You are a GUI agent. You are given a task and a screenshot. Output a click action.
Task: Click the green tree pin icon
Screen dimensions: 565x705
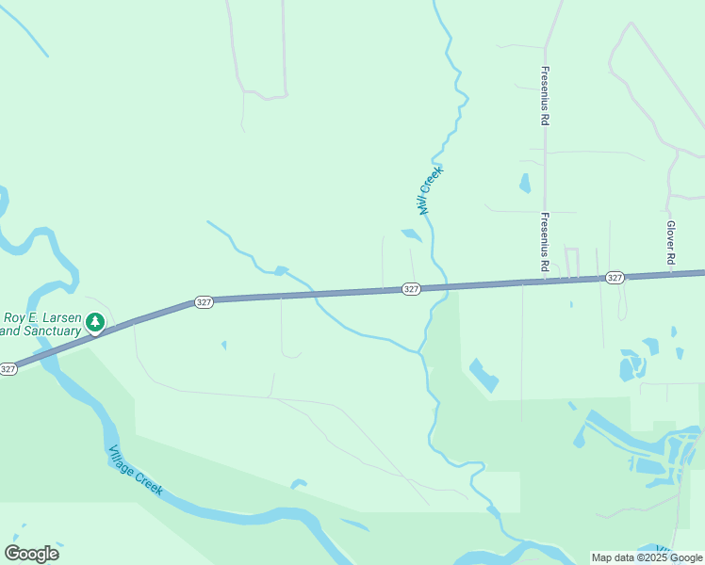pyautogui.click(x=94, y=323)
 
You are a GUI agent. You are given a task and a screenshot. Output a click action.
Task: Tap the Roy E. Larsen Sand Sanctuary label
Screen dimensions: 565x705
pyautogui.click(x=41, y=323)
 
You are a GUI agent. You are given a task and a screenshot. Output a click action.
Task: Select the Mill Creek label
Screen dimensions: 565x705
pyautogui.click(x=431, y=190)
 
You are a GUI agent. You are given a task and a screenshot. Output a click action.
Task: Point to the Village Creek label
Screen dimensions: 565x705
pyautogui.click(x=136, y=470)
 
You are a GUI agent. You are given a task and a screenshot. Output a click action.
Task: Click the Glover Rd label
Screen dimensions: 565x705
pyautogui.click(x=671, y=243)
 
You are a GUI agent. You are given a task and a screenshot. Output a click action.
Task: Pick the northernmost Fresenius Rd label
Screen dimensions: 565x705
pyautogui.click(x=545, y=96)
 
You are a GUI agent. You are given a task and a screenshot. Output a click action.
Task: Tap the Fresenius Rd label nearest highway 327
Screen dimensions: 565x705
pyautogui.click(x=545, y=242)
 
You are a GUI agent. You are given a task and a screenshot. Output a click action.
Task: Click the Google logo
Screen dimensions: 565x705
pyautogui.click(x=31, y=554)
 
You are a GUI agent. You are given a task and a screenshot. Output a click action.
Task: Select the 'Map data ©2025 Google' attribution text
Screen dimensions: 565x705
pyautogui.click(x=647, y=557)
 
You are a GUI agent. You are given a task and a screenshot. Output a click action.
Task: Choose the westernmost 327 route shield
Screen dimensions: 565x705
pyautogui.click(x=8, y=369)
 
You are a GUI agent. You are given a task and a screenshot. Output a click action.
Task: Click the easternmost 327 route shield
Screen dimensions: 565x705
pyautogui.click(x=615, y=277)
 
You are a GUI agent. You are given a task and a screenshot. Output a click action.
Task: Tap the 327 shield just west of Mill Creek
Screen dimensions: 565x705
pyautogui.click(x=410, y=288)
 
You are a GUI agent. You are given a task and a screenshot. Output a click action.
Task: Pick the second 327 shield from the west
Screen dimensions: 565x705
pyautogui.click(x=205, y=301)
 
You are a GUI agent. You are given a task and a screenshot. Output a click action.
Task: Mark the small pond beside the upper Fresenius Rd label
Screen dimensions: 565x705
pyautogui.click(x=525, y=184)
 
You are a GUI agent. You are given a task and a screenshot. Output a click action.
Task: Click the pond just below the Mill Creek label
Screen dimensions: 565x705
pyautogui.click(x=412, y=235)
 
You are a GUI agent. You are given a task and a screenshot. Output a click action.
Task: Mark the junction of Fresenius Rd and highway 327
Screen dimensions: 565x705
pyautogui.click(x=545, y=281)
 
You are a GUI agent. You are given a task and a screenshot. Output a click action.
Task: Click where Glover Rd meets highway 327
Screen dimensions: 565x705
pyautogui.click(x=671, y=275)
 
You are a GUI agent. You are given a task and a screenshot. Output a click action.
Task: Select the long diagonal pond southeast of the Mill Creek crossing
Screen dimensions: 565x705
pyautogui.click(x=484, y=375)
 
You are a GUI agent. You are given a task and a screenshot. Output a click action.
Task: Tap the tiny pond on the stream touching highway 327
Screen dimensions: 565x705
pyautogui.click(x=281, y=271)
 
